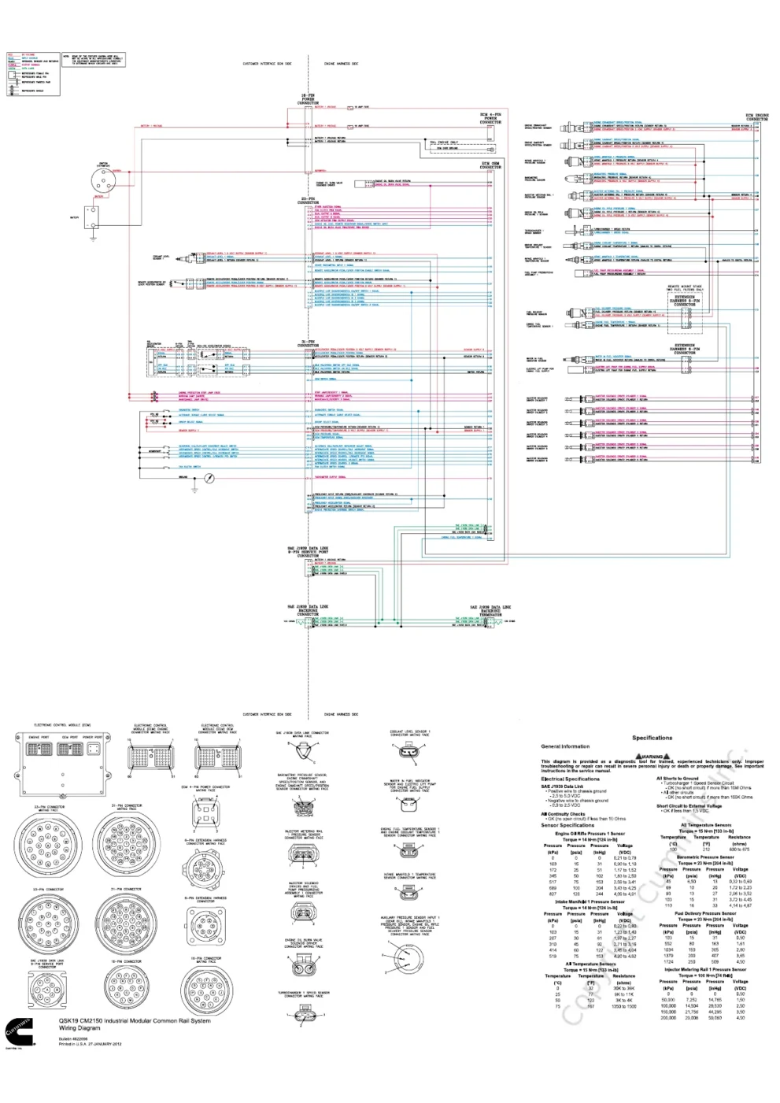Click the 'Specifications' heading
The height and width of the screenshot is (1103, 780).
652,738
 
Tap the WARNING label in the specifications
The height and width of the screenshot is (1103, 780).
652,757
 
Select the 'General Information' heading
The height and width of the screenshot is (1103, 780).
565,746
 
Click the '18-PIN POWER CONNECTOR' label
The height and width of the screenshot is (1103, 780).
308,99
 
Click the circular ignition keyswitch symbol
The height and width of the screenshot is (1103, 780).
104,180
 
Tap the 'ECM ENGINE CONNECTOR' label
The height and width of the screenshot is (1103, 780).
756,117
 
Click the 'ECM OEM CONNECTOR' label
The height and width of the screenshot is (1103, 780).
490,166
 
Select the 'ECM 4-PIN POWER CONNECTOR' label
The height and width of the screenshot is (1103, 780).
490,119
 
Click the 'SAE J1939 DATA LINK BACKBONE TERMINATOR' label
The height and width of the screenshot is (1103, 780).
490,610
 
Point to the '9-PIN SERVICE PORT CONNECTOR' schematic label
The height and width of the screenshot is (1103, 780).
308,551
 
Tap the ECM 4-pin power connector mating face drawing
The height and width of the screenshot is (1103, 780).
205,812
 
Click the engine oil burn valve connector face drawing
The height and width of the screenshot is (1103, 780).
304,966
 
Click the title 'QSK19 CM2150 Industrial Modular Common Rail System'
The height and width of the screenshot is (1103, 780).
135,1021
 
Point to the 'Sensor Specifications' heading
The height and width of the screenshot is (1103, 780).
567,825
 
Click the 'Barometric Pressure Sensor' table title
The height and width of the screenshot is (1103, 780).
705,857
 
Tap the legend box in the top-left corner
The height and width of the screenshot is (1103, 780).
33,72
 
